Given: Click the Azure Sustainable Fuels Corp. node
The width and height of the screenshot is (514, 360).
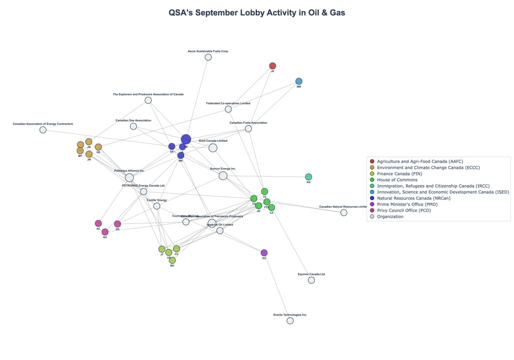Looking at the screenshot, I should click(208, 57).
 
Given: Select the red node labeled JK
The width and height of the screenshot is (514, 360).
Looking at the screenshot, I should click(272, 66).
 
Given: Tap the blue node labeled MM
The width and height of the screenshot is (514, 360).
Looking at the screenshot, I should click(299, 81).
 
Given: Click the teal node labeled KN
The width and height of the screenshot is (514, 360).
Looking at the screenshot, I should click(308, 177).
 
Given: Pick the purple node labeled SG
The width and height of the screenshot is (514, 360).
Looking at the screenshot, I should click(264, 252).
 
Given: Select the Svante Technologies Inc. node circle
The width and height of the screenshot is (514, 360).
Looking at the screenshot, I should click(290, 321).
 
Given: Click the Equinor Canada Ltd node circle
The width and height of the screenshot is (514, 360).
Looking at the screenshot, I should click(311, 280).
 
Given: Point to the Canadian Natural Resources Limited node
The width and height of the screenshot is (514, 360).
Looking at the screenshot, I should click(344, 213).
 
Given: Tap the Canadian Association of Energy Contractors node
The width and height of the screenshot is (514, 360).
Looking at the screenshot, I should click(43, 130).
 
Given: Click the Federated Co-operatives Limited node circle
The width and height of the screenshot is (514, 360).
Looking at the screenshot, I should click(228, 109).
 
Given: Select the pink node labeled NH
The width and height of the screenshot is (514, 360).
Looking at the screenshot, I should click(105, 232).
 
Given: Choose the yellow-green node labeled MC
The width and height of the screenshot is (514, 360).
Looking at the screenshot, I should click(172, 260).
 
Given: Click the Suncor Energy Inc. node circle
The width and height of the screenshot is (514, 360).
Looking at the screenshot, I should click(223, 176).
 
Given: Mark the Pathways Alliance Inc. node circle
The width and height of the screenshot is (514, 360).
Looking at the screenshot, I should click(129, 177).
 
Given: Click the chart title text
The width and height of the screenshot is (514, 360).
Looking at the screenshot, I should click(257, 13).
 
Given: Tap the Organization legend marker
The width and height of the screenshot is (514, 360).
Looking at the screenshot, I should click(372, 216).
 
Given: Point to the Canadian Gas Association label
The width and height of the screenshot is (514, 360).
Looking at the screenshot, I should click(133, 120).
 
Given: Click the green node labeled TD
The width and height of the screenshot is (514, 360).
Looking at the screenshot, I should click(265, 191).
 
